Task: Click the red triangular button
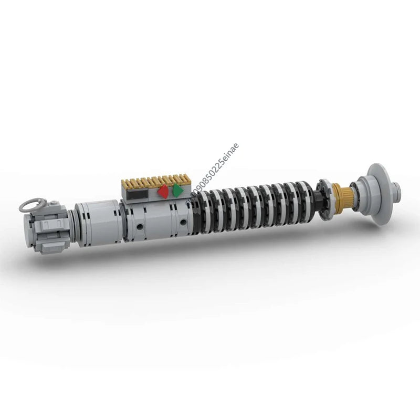coord(164,192)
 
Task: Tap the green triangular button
coord(178,190)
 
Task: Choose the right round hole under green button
coord(182,222)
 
